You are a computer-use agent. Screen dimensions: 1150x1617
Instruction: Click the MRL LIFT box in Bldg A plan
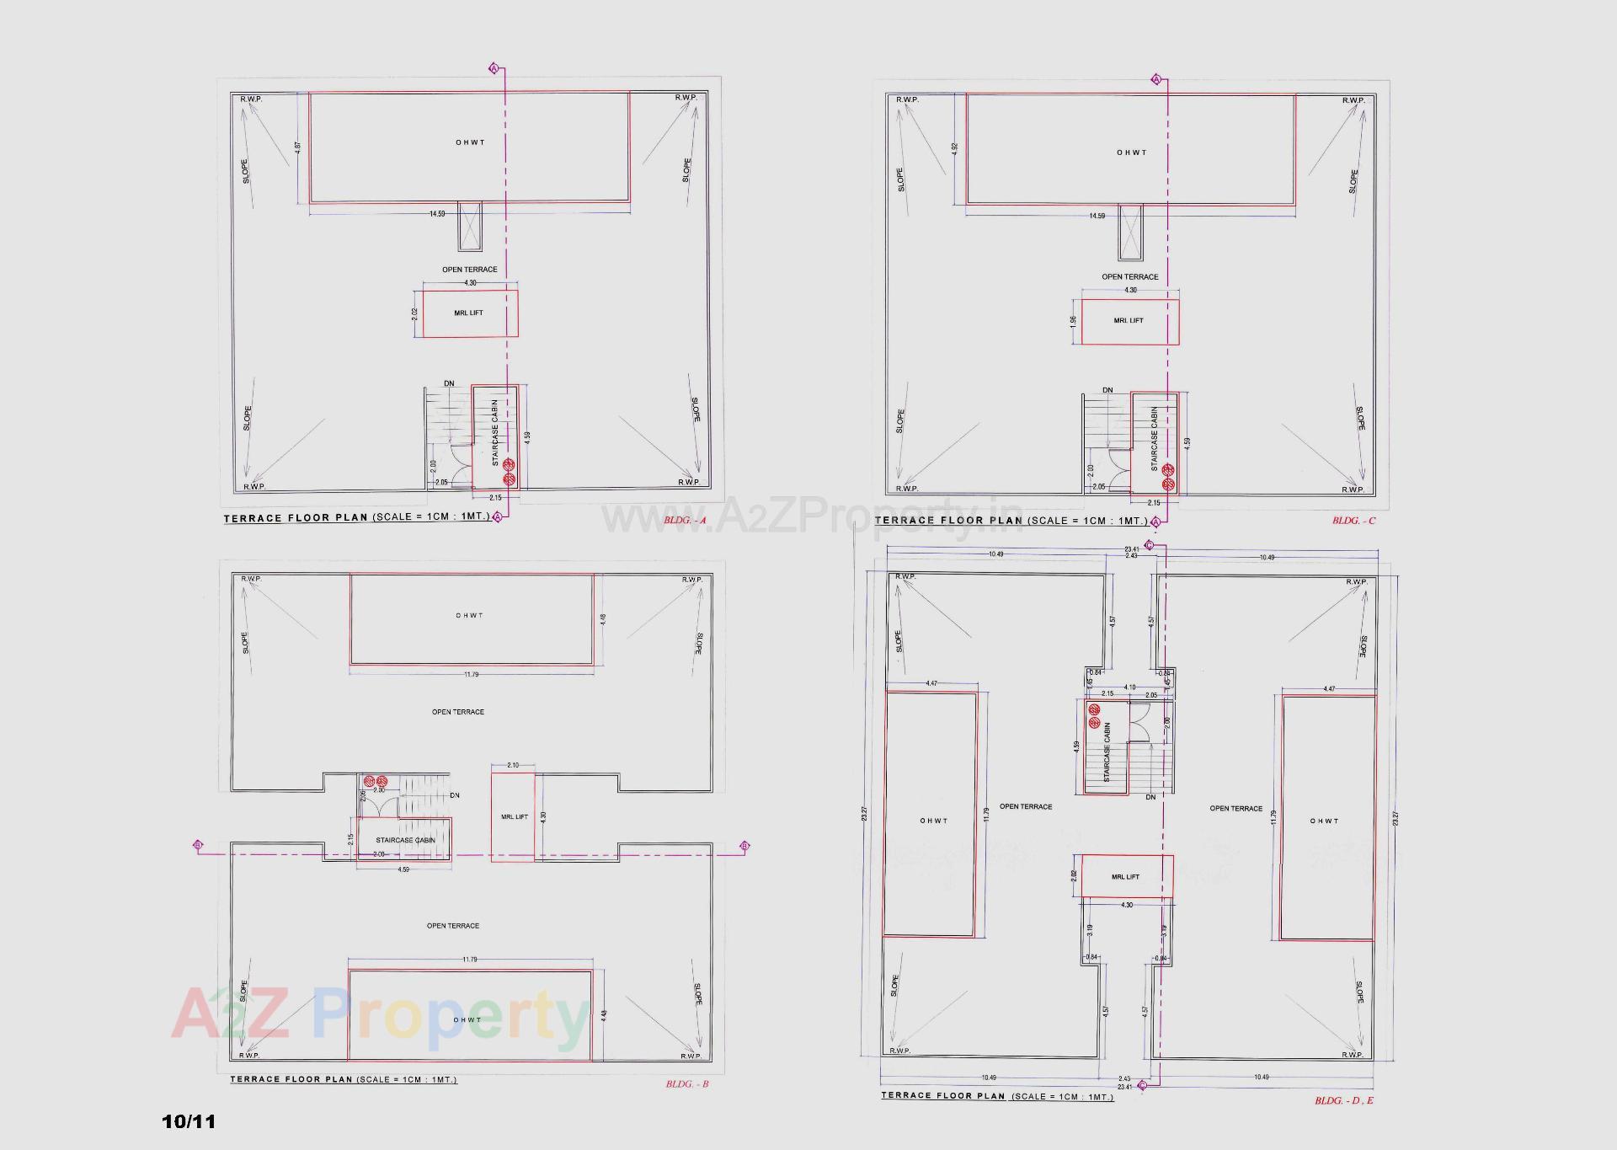(x=469, y=313)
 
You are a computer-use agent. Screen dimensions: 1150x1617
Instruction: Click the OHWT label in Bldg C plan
(x=1131, y=152)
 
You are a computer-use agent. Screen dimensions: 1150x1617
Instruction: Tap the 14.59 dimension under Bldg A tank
(x=436, y=214)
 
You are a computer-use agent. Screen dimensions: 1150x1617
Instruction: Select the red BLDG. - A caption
(x=685, y=521)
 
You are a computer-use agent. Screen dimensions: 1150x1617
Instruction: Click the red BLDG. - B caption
(x=686, y=1084)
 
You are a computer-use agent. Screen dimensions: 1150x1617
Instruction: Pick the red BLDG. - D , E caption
(x=1344, y=1101)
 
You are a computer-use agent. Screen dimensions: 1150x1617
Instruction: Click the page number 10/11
(x=189, y=1122)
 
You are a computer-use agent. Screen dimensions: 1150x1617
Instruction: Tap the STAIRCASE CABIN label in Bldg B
(x=405, y=840)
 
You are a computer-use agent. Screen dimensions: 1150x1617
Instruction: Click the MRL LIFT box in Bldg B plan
(x=514, y=817)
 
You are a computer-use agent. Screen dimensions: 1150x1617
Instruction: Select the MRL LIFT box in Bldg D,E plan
(x=1126, y=877)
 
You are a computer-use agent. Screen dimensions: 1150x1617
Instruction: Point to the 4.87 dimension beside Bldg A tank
(x=297, y=146)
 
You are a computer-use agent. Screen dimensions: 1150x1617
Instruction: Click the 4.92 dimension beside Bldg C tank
(x=954, y=147)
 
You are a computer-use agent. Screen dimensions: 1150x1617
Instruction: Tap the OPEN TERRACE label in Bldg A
(x=469, y=270)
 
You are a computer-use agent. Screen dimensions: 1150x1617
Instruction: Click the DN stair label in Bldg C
(x=1107, y=390)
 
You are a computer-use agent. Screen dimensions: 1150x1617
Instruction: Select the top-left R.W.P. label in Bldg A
(x=250, y=99)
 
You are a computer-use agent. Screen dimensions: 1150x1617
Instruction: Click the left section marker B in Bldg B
(x=198, y=845)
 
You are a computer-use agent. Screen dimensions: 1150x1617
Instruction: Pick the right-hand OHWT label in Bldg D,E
(x=1324, y=821)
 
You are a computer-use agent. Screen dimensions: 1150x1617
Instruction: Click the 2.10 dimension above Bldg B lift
(x=513, y=765)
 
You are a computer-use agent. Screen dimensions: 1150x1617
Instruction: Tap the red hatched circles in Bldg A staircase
(x=509, y=472)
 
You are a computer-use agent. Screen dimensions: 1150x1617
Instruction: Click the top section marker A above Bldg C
(x=1156, y=79)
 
